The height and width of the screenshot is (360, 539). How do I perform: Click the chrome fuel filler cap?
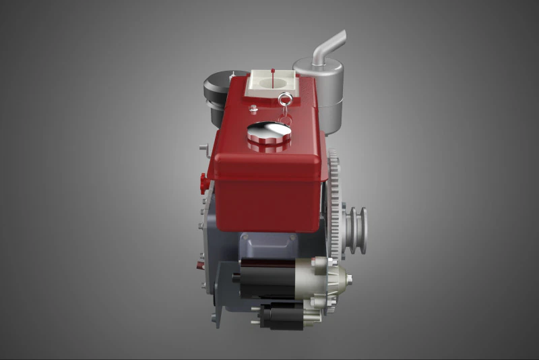(269, 136)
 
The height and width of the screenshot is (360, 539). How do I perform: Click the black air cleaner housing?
(217, 91)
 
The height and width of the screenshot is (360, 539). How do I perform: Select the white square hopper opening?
(272, 82)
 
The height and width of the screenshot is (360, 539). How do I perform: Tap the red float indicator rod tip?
(272, 69)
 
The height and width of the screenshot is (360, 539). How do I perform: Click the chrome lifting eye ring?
(284, 100)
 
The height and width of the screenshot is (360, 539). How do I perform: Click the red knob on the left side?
(202, 181)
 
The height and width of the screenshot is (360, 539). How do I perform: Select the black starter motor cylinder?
(267, 278)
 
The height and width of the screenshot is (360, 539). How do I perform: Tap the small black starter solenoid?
(283, 315)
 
